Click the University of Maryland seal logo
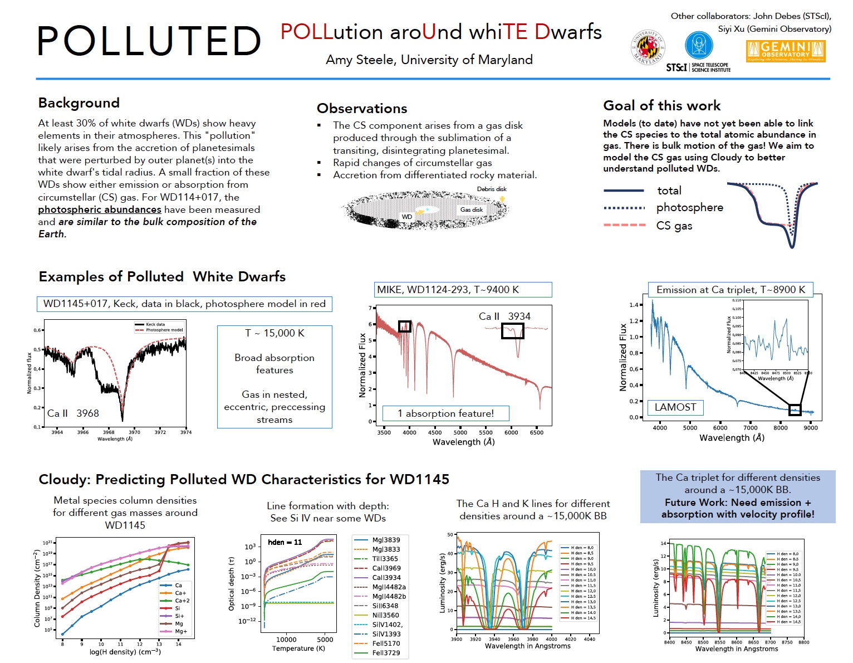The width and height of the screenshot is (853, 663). pyautogui.click(x=648, y=47)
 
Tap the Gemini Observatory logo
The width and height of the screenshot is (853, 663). pyautogui.click(x=785, y=51)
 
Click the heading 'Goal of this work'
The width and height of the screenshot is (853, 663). pyautogui.click(x=661, y=106)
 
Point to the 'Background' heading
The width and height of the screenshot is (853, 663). pyautogui.click(x=79, y=103)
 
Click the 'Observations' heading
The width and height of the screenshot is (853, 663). pyautogui.click(x=362, y=109)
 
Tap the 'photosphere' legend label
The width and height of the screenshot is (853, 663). pyautogui.click(x=689, y=208)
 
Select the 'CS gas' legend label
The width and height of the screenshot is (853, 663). pyautogui.click(x=674, y=226)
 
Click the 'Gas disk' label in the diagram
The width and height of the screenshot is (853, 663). pyautogui.click(x=471, y=210)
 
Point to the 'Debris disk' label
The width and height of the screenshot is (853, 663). pyautogui.click(x=492, y=189)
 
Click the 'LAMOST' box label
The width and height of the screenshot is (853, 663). pyautogui.click(x=675, y=407)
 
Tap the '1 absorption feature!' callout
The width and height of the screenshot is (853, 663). pyautogui.click(x=445, y=413)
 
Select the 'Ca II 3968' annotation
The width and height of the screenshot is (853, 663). pyautogui.click(x=73, y=413)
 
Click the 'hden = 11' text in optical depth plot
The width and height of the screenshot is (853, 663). pyautogui.click(x=285, y=542)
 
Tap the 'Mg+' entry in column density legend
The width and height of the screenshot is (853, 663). pyautogui.click(x=181, y=631)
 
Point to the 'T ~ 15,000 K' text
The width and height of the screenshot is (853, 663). pyautogui.click(x=274, y=333)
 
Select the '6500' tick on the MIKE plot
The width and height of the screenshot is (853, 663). pyautogui.click(x=536, y=432)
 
